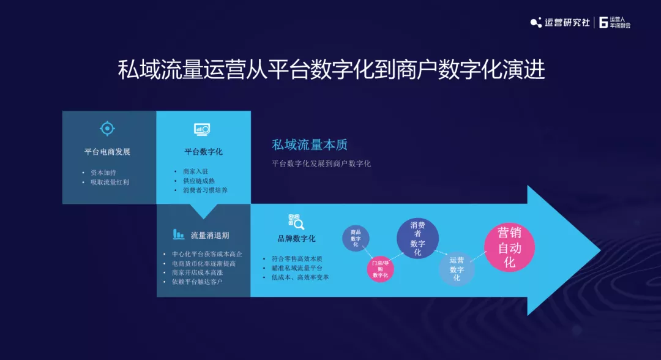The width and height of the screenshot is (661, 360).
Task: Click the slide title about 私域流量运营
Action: click(331, 70)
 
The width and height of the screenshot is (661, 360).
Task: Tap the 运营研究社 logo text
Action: click(567, 22)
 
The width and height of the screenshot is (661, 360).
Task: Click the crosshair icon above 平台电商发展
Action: click(107, 129)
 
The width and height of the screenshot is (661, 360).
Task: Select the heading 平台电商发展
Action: click(107, 152)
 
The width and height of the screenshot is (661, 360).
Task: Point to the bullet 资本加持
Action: click(103, 173)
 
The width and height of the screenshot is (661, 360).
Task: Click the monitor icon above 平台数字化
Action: click(203, 129)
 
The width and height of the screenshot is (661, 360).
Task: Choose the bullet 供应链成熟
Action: click(199, 181)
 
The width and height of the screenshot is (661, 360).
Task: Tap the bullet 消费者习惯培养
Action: click(205, 190)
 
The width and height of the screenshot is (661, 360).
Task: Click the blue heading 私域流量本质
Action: click(310, 145)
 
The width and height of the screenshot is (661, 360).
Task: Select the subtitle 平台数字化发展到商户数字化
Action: click(321, 163)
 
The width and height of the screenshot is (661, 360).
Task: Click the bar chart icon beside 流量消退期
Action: click(178, 234)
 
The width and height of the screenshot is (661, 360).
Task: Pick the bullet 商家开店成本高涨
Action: click(197, 272)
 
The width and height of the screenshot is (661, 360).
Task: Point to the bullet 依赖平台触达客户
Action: click(197, 282)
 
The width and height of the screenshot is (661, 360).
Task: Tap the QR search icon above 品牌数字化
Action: click(296, 221)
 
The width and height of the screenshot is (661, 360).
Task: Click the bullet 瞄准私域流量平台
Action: click(297, 268)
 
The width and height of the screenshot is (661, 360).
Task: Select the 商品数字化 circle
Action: click(356, 238)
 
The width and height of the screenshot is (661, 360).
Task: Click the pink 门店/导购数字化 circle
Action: click(380, 269)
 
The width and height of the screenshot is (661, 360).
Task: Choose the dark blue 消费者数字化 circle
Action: click(417, 239)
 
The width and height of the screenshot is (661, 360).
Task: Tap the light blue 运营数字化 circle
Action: click(457, 269)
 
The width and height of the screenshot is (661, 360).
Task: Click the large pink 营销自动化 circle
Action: click(509, 247)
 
